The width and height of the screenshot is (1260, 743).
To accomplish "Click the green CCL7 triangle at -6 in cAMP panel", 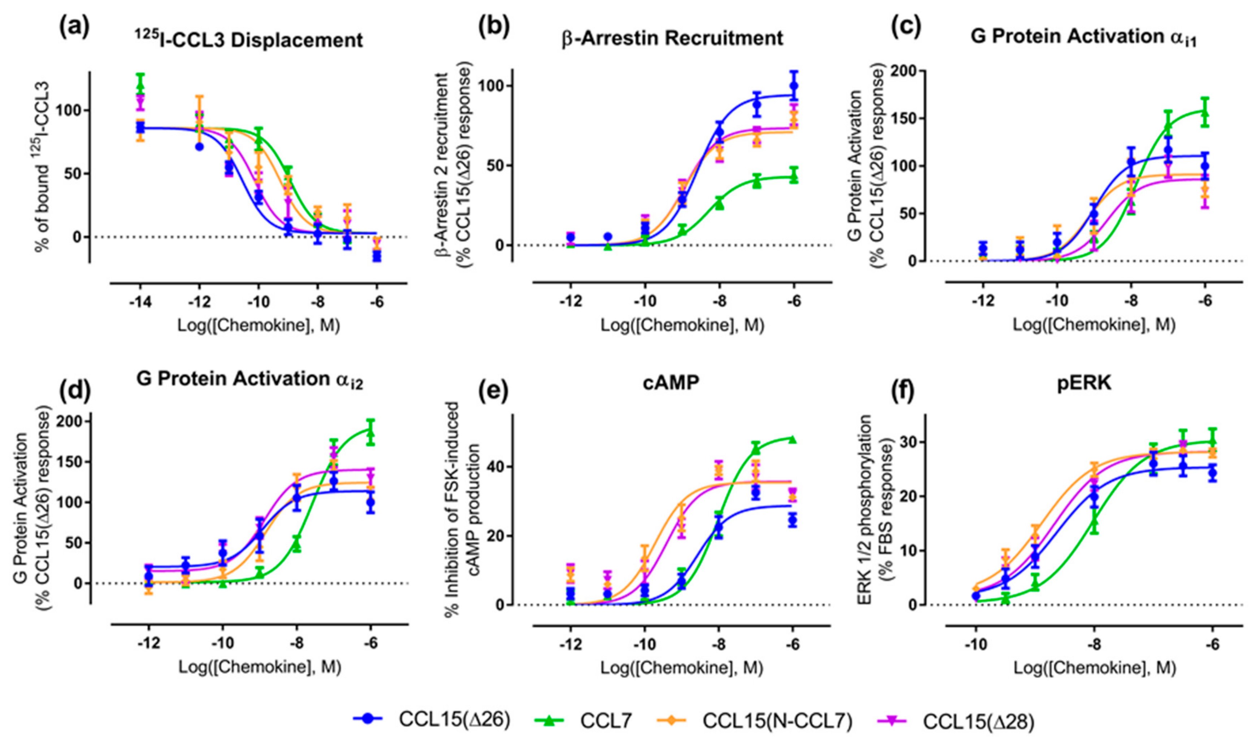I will click(x=793, y=439).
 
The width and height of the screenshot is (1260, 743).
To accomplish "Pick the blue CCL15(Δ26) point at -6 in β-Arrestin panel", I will click(x=794, y=86).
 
